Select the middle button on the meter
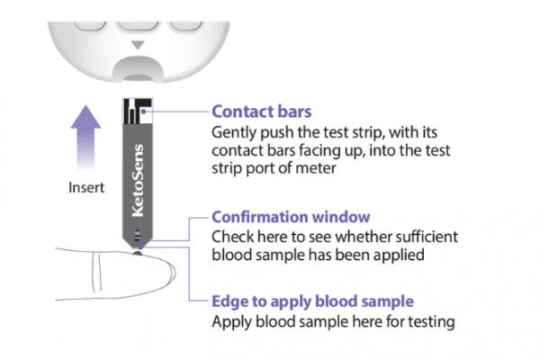(138, 16)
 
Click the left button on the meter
(85, 14)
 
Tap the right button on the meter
(189, 14)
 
